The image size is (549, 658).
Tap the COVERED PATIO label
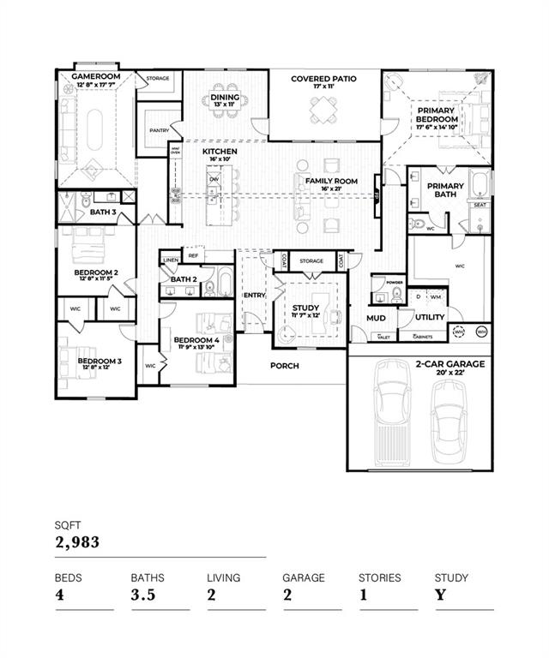[x=323, y=79]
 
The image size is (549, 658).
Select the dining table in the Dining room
[x=225, y=110]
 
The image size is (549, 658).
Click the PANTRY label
[x=159, y=130]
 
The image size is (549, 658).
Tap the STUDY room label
[x=305, y=308]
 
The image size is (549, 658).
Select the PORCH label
[x=284, y=366]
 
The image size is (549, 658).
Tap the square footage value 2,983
[x=77, y=541]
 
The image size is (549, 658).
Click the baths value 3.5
[x=144, y=595]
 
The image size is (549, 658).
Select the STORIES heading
[x=379, y=577]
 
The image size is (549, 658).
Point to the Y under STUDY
[x=439, y=595]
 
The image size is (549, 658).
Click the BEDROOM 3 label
[x=100, y=362]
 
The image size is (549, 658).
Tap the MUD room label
[x=376, y=318]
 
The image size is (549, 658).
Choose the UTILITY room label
[x=430, y=317]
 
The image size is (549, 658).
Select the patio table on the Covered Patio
[x=323, y=109]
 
